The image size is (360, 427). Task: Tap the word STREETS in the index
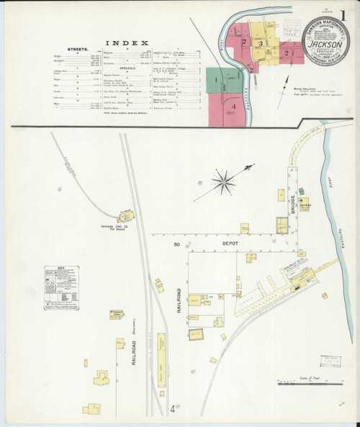pyautogui.click(x=77, y=50)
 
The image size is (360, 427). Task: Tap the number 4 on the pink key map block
pyautogui.click(x=234, y=107)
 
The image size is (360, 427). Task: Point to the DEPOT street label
pyautogui.click(x=230, y=245)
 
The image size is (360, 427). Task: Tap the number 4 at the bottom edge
pyautogui.click(x=172, y=410)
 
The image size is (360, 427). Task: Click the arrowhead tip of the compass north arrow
pyautogui.click(x=252, y=166)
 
